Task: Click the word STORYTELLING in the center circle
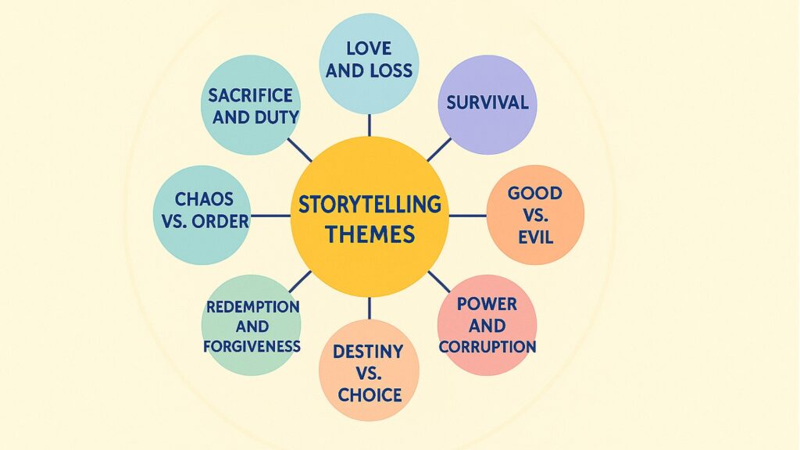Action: click(x=370, y=205)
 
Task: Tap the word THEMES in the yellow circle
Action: click(x=370, y=234)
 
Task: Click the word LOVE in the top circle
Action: click(x=369, y=49)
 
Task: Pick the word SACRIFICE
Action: click(x=250, y=95)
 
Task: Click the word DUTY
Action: click(x=273, y=118)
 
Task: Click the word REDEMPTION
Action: click(x=252, y=306)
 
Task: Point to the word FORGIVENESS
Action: click(x=252, y=345)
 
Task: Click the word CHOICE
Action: click(x=369, y=394)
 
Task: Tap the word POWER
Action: click(x=487, y=303)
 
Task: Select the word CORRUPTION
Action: click(x=487, y=346)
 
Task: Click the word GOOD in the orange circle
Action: click(x=535, y=193)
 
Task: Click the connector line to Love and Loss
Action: click(x=370, y=123)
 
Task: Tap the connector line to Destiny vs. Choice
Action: click(x=370, y=308)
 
